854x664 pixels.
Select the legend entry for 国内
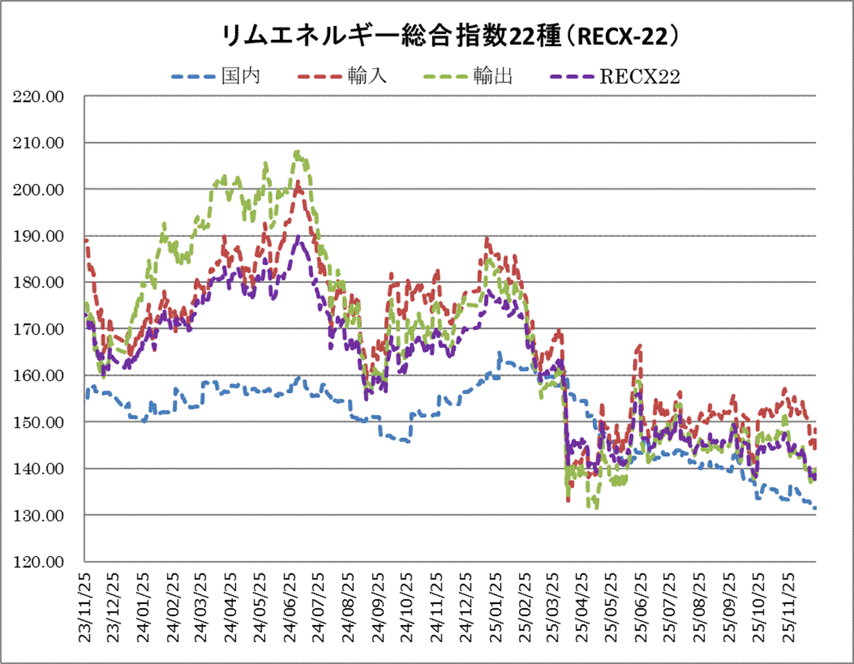[241, 77]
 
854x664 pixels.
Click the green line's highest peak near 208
[297, 152]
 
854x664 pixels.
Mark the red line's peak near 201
[298, 182]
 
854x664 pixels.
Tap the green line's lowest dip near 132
[596, 508]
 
